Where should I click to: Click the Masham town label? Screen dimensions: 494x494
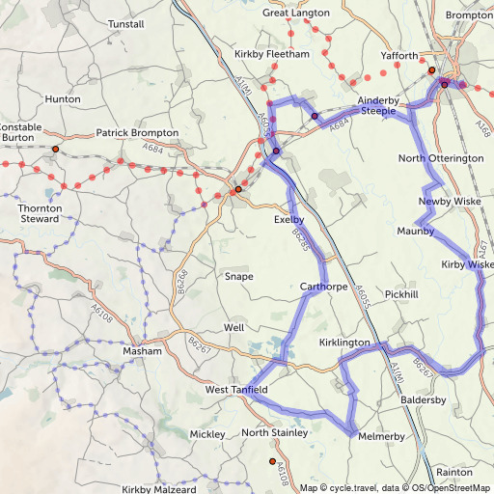pos(142,352)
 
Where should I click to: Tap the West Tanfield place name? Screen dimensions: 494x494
pos(236,390)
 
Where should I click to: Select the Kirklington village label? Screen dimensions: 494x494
pos(344,343)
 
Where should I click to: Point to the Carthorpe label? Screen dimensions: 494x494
pos(323,287)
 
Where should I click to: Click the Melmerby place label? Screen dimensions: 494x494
pos(381,437)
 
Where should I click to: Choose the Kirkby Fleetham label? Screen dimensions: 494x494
pos(273,55)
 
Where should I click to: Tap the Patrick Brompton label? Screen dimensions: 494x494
pos(137,132)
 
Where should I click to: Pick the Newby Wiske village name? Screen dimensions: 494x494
pos(442,202)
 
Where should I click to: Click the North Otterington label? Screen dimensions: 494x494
pos(441,158)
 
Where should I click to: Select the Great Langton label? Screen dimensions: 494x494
pos(296,13)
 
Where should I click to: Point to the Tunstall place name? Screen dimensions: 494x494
pos(126,23)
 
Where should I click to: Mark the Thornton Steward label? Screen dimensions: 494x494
pos(41,213)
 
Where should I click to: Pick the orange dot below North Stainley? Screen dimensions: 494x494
pos(272,462)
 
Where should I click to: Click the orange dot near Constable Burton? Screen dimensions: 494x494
pos(55,150)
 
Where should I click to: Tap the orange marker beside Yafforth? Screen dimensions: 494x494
pos(431,70)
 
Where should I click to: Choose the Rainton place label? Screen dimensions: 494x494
pos(454,473)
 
